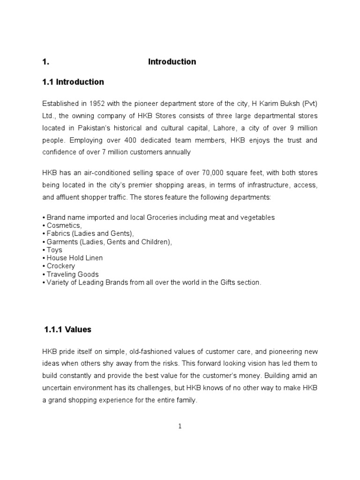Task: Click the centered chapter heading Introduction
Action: pos(172,62)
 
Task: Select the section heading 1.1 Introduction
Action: pos(73,82)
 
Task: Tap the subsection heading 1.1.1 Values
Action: pos(67,330)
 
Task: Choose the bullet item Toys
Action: pos(54,250)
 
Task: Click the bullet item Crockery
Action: pos(60,266)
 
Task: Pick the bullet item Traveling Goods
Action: pos(73,274)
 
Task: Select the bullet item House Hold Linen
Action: pos(75,258)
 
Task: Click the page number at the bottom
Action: pos(180,426)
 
